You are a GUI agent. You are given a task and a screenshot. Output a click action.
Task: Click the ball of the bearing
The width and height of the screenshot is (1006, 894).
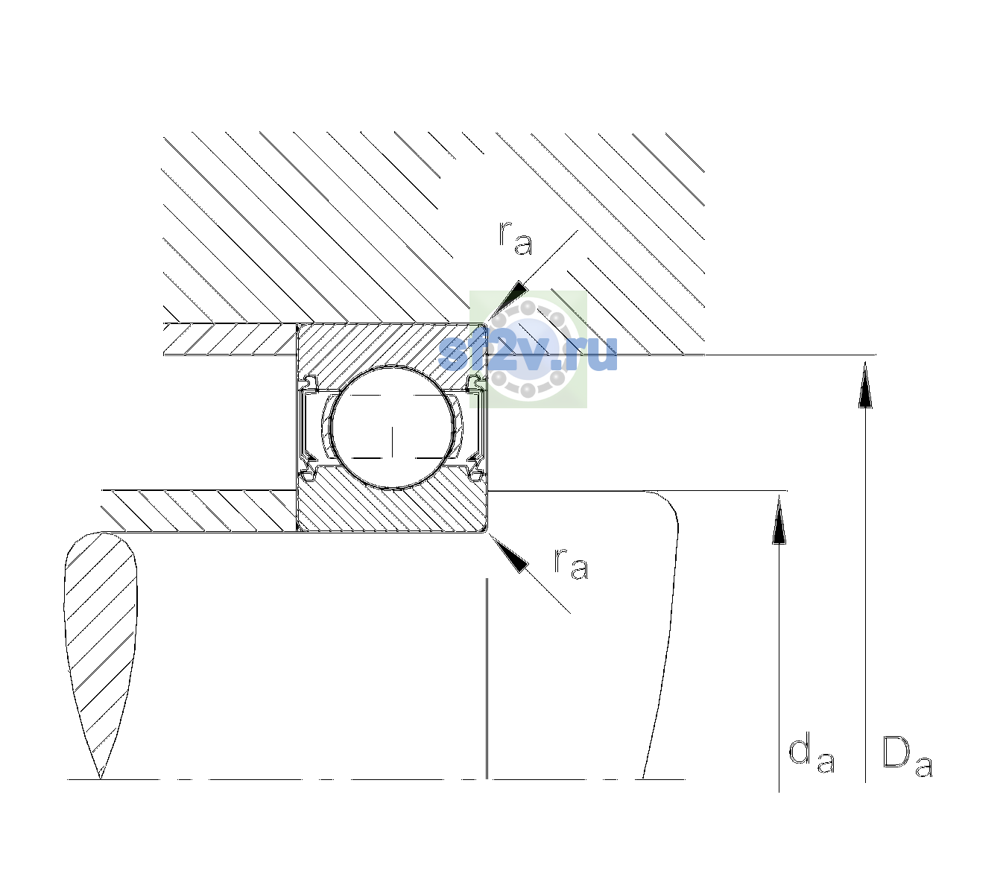(392, 428)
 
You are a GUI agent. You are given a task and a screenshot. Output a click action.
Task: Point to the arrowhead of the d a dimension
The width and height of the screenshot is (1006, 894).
(779, 519)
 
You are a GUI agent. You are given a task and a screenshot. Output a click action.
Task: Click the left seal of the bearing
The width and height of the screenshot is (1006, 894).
(309, 428)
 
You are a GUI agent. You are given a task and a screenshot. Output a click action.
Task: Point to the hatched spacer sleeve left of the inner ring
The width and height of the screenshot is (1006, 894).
(199, 511)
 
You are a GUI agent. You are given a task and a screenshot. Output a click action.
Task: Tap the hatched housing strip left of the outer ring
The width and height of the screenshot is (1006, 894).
(230, 339)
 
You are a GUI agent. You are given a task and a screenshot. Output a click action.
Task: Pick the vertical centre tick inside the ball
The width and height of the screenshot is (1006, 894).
(392, 441)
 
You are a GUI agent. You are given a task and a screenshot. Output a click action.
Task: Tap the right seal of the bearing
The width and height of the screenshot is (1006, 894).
(475, 428)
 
